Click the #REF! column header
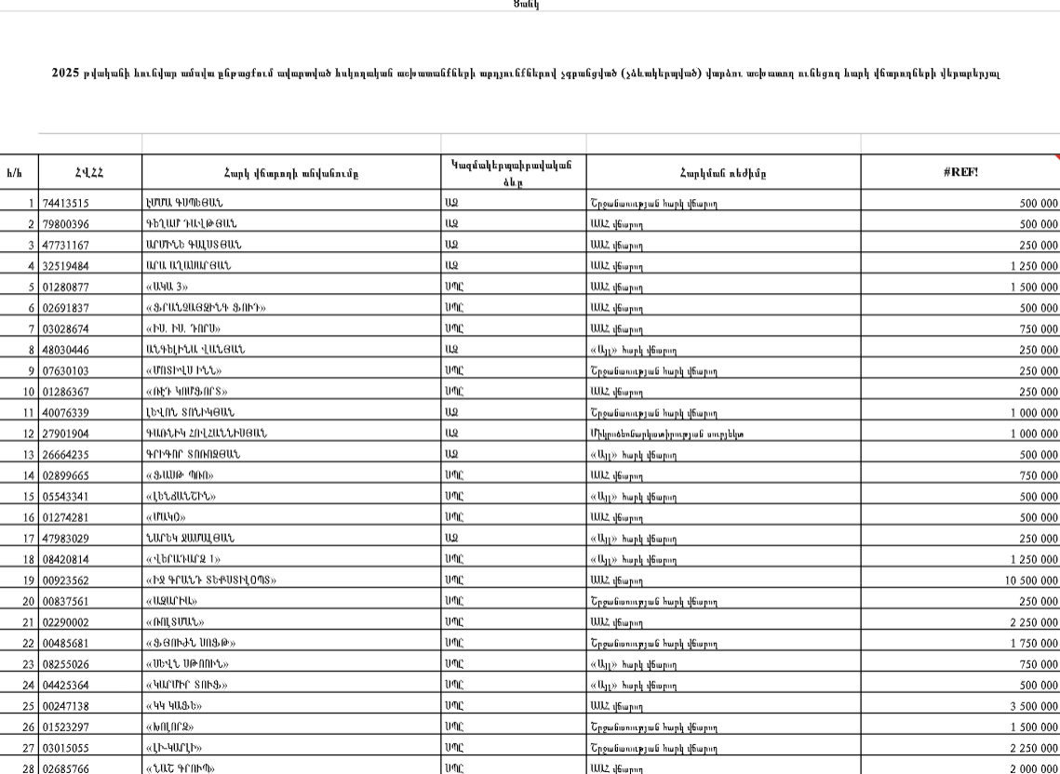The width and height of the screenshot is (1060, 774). pos(959,172)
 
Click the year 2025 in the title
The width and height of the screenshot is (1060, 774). pos(65,73)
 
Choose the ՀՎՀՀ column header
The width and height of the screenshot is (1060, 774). pos(89,172)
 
